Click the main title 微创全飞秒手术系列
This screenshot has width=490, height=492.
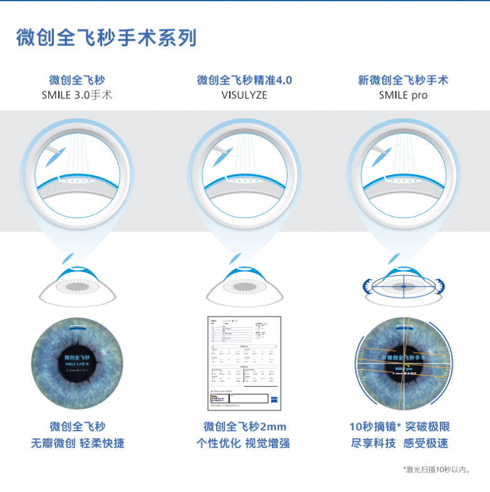107,38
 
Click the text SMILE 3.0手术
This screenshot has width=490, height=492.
77,95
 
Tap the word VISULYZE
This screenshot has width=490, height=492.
244,95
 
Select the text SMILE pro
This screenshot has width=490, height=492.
403,95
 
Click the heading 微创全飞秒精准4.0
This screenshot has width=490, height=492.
244,80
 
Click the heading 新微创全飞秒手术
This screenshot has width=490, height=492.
403,80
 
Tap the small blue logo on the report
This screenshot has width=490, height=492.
274,398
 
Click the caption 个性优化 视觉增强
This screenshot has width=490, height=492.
244,443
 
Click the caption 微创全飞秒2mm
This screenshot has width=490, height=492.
244,427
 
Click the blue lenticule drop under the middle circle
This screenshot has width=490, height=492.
234,258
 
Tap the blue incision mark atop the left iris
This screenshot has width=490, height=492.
78,328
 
